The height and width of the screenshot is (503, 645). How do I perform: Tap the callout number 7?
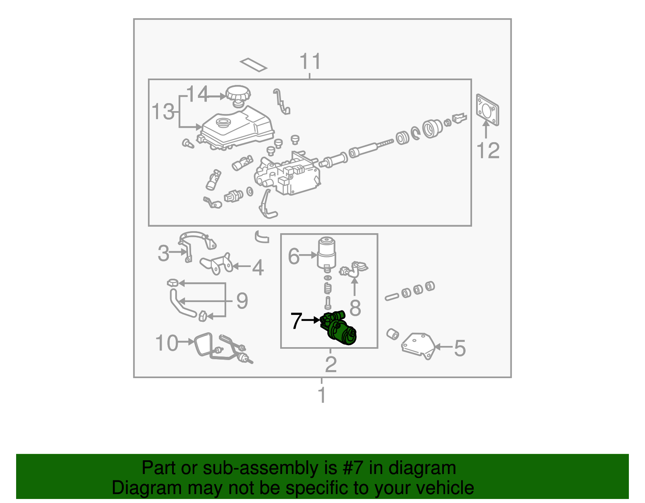pyautogui.click(x=296, y=321)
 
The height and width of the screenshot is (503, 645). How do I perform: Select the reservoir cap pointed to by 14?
pyautogui.click(x=238, y=94)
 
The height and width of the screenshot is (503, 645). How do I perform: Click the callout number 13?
pyautogui.click(x=163, y=112)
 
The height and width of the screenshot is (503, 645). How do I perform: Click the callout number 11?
pyautogui.click(x=310, y=62)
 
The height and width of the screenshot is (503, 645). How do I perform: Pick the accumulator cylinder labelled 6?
pyautogui.click(x=327, y=253)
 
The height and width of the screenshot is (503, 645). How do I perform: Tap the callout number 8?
pyautogui.click(x=355, y=308)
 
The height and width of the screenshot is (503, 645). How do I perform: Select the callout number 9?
pyautogui.click(x=242, y=301)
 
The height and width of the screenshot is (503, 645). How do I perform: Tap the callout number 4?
pyautogui.click(x=258, y=268)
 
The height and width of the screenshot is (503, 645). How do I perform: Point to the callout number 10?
pyautogui.click(x=166, y=343)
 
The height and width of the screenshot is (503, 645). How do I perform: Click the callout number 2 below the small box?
pyautogui.click(x=331, y=364)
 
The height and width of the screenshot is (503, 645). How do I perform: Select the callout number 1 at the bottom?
pyautogui.click(x=322, y=395)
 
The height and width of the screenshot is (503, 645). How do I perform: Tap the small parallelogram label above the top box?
pyautogui.click(x=253, y=64)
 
